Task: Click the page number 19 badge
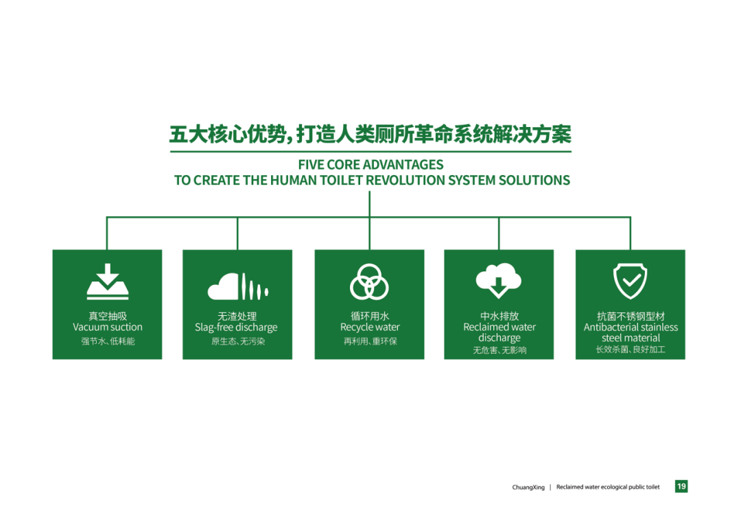681,486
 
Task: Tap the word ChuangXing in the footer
528,487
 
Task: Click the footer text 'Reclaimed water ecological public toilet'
608,487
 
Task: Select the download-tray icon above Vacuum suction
108,282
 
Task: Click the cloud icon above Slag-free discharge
238,286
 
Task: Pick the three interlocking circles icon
369,282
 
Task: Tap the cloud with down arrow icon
499,280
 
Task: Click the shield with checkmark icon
630,282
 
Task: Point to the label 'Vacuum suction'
107,328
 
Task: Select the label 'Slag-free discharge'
236,328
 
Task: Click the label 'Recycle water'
370,328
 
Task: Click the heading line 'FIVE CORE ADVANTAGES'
370,165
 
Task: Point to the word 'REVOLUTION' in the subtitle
405,180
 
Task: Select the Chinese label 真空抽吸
108,316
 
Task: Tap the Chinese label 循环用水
370,316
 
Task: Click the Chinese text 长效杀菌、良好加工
631,350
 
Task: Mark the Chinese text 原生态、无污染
237,341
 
